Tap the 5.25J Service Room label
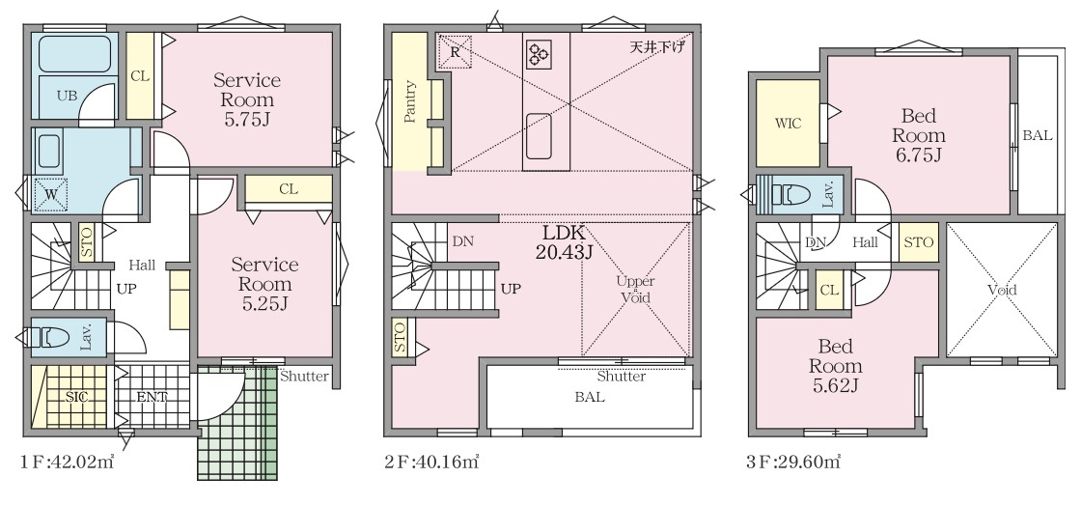(x=264, y=284)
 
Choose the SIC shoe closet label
(x=76, y=398)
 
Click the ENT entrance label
(x=152, y=397)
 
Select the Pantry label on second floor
(x=410, y=102)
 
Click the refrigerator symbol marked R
(x=455, y=52)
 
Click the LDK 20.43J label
(x=564, y=242)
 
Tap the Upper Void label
(x=635, y=290)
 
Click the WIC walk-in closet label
(x=788, y=125)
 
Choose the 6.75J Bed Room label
(x=918, y=135)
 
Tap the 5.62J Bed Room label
(x=836, y=366)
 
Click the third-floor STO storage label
(x=918, y=242)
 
